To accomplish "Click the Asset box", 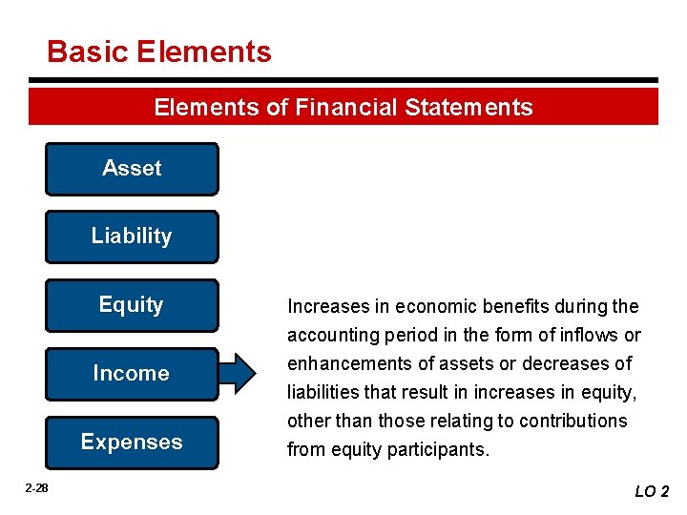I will [x=132, y=169].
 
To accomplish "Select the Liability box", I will [x=132, y=237].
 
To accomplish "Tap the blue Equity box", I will [x=132, y=305].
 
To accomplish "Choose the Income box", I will [x=132, y=374].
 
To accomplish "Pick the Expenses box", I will [x=132, y=443].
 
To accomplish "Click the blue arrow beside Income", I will [x=244, y=373].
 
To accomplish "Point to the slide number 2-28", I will [x=36, y=488].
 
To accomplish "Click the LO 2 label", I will [x=653, y=491].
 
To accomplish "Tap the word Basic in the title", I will [x=87, y=51].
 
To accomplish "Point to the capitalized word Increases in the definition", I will [x=323, y=307].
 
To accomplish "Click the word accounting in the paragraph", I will [x=331, y=336].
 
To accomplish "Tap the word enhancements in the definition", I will [x=345, y=364].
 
